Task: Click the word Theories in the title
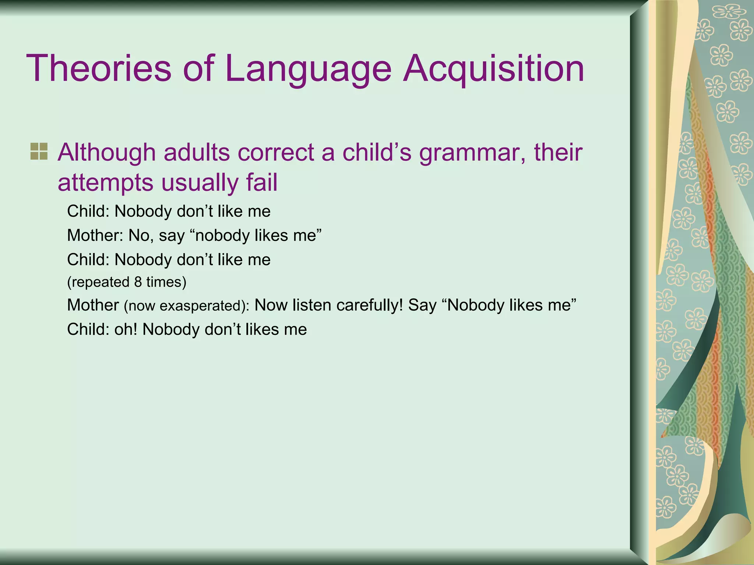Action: click(x=99, y=68)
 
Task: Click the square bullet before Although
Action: click(x=39, y=152)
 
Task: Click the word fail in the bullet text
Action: click(x=262, y=182)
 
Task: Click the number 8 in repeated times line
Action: click(x=138, y=282)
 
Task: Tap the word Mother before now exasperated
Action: click(x=93, y=305)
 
